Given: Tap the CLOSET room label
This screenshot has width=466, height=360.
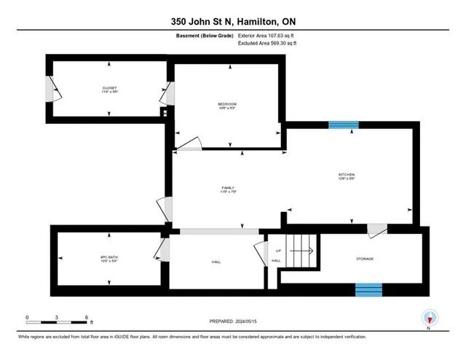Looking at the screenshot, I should (x=109, y=89).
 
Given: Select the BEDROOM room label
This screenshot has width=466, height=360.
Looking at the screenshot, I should (x=227, y=104).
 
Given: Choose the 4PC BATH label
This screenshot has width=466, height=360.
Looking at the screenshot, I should (x=108, y=256).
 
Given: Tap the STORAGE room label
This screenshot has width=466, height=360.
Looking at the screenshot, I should (x=365, y=259).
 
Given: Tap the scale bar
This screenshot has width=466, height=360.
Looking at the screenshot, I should (x=57, y=320).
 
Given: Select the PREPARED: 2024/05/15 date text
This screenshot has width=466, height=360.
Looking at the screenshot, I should (x=232, y=321).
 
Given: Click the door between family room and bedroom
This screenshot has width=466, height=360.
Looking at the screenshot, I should (x=189, y=144).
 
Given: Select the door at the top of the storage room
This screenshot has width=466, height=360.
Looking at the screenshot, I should (x=376, y=229).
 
